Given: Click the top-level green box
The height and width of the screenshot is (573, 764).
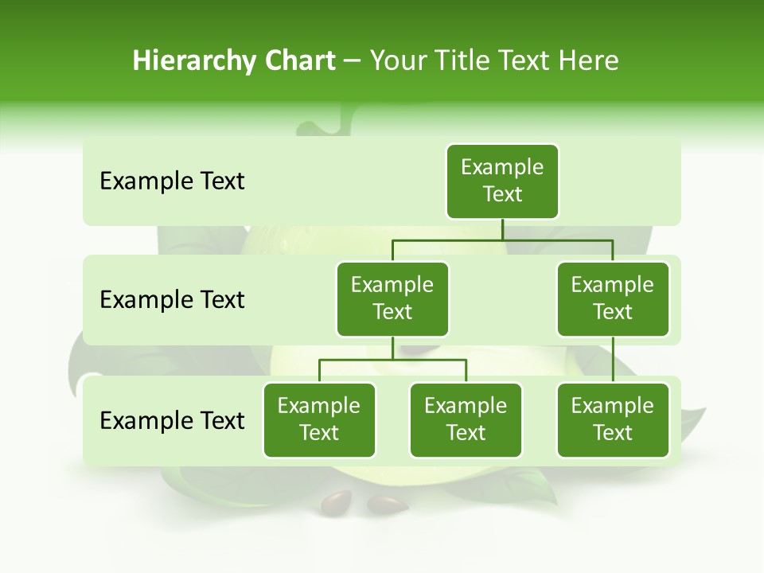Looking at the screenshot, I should pos(502,181).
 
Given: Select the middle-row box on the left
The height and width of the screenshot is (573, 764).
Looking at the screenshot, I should pos(392,298).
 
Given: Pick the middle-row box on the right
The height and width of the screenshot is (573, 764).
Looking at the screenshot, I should pos(613,298).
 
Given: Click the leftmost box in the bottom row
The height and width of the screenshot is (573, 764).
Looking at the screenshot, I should pos(319,419).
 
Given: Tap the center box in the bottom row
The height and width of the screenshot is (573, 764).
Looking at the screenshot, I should pos(466,419).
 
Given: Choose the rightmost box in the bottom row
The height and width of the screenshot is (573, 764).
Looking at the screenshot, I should pos(613,419).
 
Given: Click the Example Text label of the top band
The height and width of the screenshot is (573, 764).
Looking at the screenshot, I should pos(172,181).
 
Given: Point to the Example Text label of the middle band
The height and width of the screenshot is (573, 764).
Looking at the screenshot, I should pos(172,300).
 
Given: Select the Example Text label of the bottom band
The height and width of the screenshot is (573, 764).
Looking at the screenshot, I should pos(172,420).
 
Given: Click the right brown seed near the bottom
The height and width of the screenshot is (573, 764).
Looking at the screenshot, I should pos(388,503).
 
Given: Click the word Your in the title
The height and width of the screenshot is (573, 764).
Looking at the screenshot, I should pos(397,60).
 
